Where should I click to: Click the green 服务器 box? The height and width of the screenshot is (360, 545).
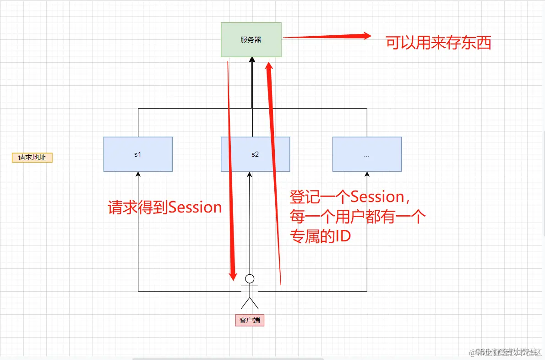(x=251, y=40)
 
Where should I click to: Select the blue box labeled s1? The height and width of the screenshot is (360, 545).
(x=138, y=154)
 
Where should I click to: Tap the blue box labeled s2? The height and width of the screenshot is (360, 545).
(x=255, y=154)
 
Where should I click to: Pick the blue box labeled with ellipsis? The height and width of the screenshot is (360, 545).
(x=367, y=154)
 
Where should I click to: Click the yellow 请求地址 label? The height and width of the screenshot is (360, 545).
(x=32, y=158)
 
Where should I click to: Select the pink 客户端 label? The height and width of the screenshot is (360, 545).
(x=250, y=320)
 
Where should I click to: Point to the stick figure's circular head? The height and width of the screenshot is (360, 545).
(x=250, y=278)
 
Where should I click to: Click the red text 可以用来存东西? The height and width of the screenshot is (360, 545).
(x=438, y=43)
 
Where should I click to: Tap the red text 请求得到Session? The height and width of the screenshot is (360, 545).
(x=165, y=207)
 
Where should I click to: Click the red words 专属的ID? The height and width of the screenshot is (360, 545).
(x=320, y=236)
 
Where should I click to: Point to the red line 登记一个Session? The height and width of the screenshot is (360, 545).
(x=348, y=197)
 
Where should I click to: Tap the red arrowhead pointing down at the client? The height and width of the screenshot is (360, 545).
(x=233, y=275)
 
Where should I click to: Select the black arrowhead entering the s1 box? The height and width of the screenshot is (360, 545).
(x=138, y=175)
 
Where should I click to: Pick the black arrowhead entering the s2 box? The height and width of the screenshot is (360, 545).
(x=250, y=175)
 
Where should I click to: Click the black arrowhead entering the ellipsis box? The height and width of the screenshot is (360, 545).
(x=367, y=175)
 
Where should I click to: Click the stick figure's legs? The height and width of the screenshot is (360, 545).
(x=250, y=303)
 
